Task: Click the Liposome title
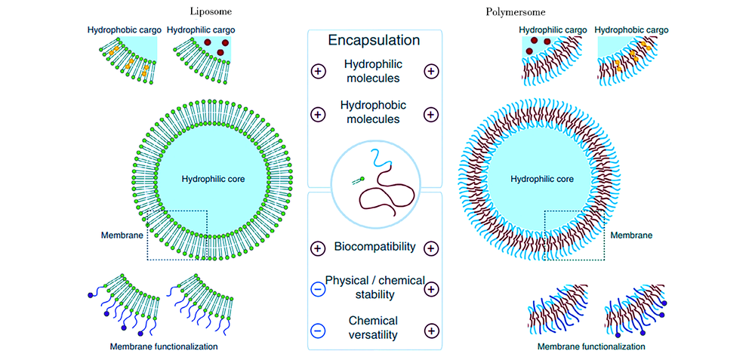pos(210,11)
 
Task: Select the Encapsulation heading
pos(374,41)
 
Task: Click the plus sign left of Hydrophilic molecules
pos(318,71)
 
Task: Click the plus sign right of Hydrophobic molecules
pos(431,115)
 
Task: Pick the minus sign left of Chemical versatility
pos(318,331)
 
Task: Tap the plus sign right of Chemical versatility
pos(431,331)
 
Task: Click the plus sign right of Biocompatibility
pos(431,248)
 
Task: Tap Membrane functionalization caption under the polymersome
pos(591,346)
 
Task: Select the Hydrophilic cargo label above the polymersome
pos(552,29)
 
